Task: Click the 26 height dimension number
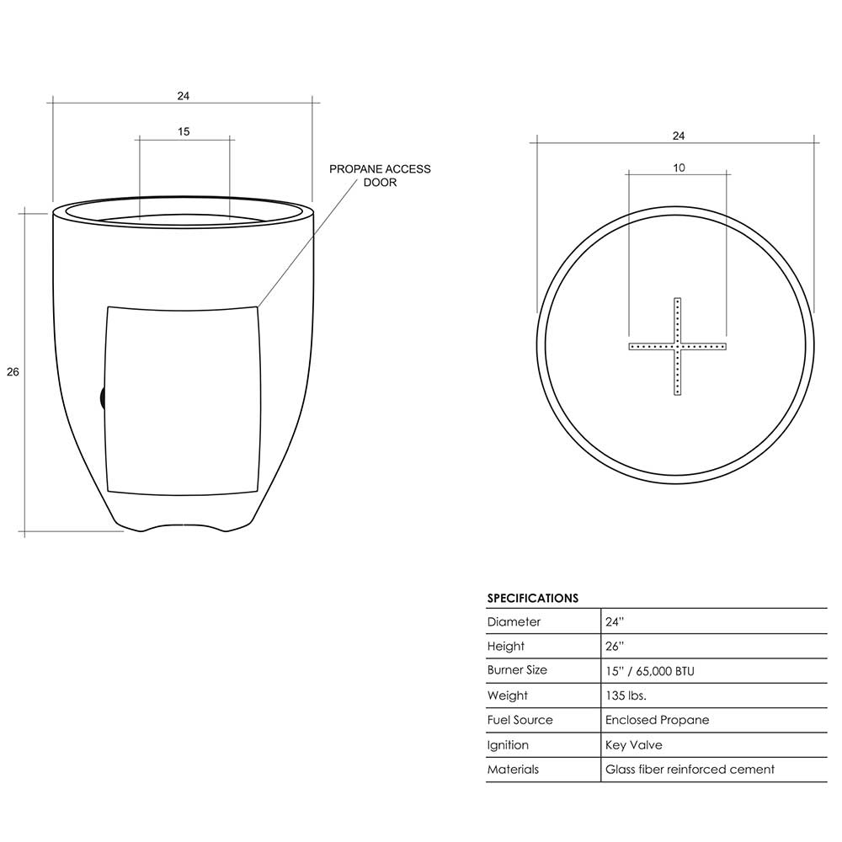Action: point(13,371)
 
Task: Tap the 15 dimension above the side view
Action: point(184,131)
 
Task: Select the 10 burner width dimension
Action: point(679,168)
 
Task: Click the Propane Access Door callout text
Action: point(380,176)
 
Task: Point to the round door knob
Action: point(103,398)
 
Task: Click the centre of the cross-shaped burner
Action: point(677,346)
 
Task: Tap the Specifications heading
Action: point(533,598)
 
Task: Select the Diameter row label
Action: point(514,622)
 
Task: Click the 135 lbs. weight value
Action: point(626,695)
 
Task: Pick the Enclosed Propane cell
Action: point(658,720)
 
